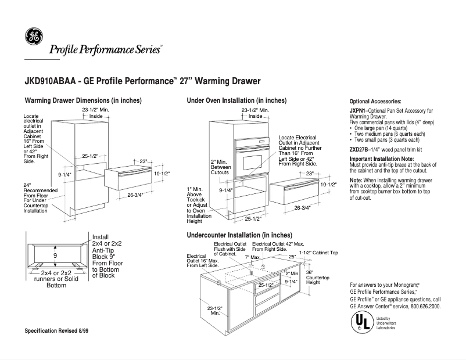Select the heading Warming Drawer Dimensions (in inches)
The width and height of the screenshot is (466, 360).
click(83, 100)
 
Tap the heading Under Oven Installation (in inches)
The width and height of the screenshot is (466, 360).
click(236, 100)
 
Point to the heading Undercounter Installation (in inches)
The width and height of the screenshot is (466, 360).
click(235, 235)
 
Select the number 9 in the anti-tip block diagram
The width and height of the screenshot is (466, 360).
click(55, 255)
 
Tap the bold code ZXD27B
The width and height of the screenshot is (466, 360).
click(359, 149)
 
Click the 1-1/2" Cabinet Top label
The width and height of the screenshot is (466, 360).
click(318, 254)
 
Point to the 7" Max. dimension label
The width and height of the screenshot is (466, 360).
click(252, 256)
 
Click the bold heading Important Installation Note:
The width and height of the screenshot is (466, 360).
click(382, 159)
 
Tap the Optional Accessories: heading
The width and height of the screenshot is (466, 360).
click(375, 101)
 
